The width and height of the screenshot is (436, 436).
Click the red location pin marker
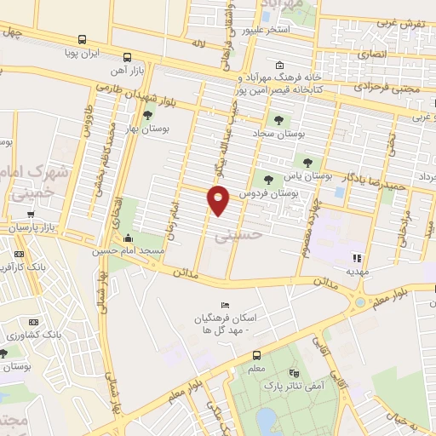pos(218,200)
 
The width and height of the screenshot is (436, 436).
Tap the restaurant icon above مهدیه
pos(358,257)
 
